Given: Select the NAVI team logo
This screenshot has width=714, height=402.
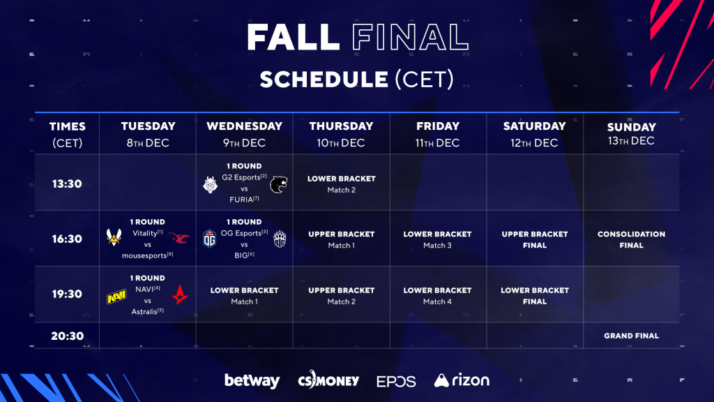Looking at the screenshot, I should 116,297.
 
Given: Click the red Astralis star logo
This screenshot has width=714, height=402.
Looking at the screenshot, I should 180,295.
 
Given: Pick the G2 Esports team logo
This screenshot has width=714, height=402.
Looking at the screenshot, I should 210,185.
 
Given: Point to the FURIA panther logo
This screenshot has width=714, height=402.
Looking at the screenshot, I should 280,185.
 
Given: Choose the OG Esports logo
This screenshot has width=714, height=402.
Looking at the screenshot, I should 210,239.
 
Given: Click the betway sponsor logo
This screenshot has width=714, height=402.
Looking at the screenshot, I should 252,381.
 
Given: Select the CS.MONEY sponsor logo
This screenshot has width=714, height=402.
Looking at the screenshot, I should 328,380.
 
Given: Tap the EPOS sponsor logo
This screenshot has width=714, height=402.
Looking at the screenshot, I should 396,381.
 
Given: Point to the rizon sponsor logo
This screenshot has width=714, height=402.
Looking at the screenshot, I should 462,380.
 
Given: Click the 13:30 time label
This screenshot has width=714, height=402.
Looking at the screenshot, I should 67,184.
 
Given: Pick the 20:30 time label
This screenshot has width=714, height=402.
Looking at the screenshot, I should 67,336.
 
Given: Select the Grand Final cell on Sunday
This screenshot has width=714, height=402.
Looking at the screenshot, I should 631,336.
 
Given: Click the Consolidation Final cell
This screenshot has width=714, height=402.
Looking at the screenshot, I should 631,239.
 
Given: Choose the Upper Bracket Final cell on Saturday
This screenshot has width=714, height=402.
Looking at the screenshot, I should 535,239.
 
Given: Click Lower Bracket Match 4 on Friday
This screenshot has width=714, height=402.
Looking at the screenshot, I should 438,295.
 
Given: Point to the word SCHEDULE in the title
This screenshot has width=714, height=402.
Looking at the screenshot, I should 324,79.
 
